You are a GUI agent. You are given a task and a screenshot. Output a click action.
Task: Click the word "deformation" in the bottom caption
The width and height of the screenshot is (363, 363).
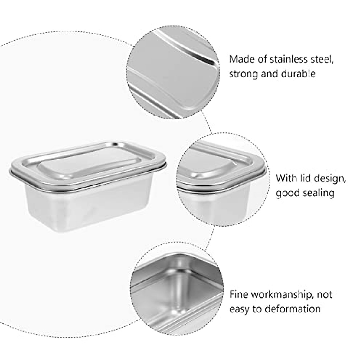click(292, 309)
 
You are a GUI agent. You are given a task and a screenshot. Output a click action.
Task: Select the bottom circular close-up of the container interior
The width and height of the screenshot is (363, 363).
click(177, 290)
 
